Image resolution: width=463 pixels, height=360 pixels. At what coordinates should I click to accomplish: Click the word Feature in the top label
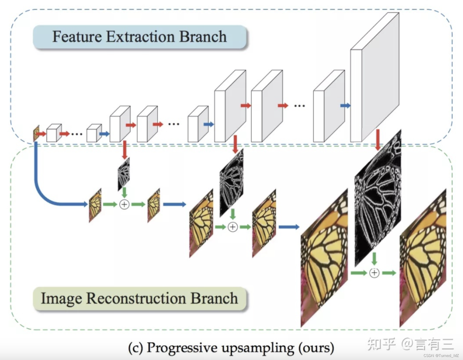(x=77, y=37)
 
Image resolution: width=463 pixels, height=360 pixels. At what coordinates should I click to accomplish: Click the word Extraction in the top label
(x=140, y=37)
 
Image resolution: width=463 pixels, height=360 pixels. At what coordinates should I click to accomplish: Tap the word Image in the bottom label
(x=61, y=299)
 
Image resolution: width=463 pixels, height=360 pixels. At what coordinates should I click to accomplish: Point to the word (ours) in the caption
(x=316, y=348)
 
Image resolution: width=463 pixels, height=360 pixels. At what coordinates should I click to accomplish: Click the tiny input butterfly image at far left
(x=36, y=134)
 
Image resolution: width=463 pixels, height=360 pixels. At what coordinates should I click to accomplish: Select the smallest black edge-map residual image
(x=124, y=174)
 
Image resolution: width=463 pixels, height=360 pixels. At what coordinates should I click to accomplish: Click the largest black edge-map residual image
(x=378, y=198)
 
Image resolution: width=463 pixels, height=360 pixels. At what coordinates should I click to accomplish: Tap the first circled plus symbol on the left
(x=124, y=204)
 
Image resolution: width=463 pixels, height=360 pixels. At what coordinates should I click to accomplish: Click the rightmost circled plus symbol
(x=374, y=273)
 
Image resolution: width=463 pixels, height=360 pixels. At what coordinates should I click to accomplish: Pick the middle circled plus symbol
(x=233, y=227)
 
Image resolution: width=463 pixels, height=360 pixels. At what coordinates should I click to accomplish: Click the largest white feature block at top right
(x=375, y=83)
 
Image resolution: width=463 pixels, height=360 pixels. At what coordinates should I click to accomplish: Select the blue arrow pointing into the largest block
(x=345, y=105)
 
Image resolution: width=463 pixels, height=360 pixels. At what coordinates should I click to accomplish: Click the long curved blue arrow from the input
(x=41, y=190)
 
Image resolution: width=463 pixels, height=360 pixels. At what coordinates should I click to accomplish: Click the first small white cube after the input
(x=54, y=133)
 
